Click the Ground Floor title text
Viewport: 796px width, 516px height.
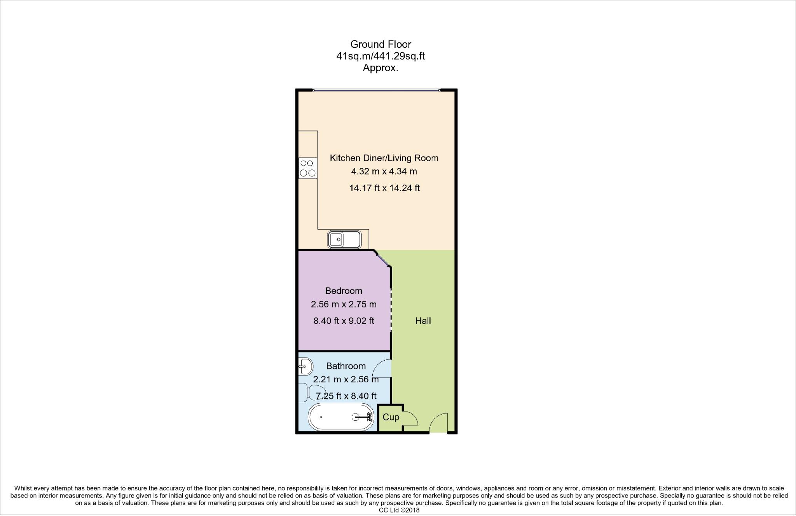(381, 44)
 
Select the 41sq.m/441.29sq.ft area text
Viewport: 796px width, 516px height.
(381, 56)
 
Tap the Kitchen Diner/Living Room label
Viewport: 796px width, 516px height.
(384, 158)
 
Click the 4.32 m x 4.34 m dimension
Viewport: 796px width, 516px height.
(384, 171)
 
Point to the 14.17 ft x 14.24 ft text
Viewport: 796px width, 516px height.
(384, 188)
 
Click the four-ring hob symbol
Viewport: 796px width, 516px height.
(308, 168)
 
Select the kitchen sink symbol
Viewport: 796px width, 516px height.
(344, 239)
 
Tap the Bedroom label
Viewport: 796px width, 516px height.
(344, 291)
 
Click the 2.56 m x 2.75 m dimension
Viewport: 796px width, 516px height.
(344, 304)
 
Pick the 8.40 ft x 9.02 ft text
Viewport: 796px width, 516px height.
(344, 321)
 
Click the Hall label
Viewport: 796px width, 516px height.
(423, 321)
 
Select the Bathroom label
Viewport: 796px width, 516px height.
(346, 366)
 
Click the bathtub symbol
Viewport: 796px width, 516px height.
(340, 417)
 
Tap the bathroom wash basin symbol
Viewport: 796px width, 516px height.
(305, 366)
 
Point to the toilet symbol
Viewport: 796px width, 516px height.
(313, 392)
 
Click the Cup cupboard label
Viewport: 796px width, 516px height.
(391, 417)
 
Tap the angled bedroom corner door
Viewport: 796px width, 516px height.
(383, 259)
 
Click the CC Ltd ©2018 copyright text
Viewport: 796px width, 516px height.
(399, 511)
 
